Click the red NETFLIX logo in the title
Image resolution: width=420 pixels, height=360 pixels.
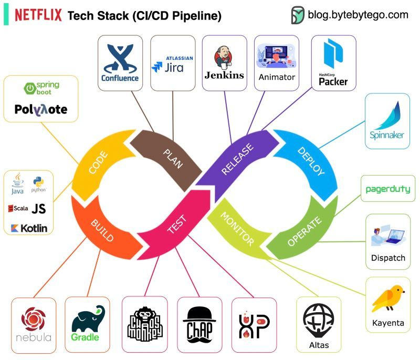coord(38,15)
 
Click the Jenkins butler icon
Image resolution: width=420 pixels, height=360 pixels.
coord(224,57)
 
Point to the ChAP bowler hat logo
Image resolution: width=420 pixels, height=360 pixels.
coord(199,322)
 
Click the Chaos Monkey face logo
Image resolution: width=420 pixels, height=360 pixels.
coord(144,324)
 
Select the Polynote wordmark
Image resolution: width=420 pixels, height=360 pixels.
coord(41,109)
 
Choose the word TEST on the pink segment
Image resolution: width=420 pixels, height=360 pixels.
coord(176,224)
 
